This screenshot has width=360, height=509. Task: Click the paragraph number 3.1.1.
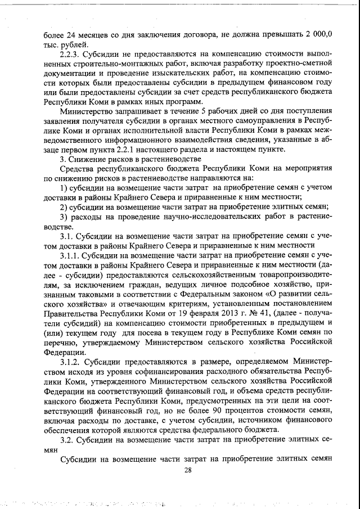tap(72, 256)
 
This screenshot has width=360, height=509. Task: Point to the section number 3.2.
tap(68, 438)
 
